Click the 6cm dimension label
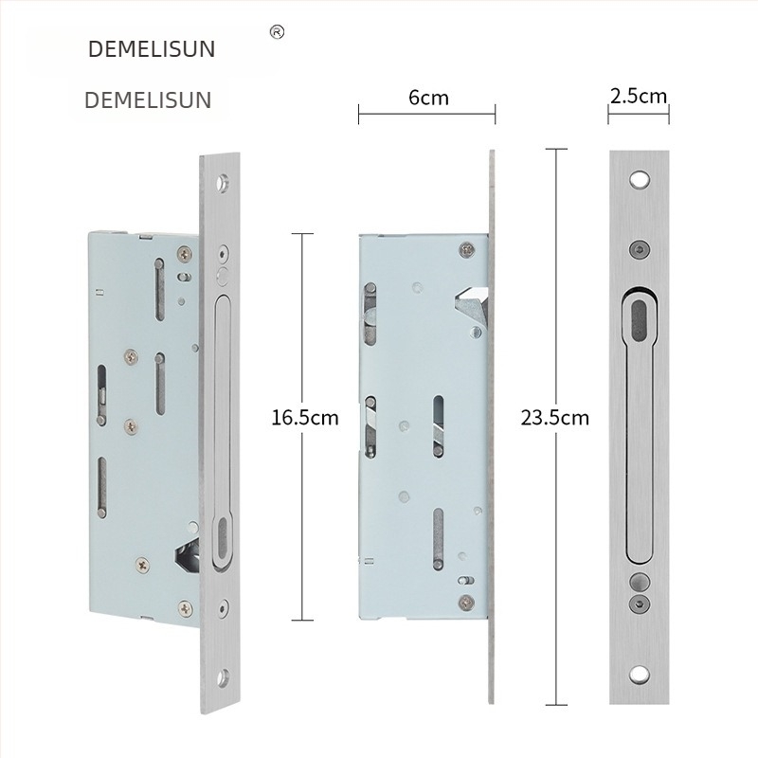pos(428,98)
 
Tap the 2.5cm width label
pos(638,97)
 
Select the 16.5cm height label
pos(304,418)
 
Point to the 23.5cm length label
pos(554,418)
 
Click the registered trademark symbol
pos(277,32)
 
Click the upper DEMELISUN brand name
pos(152,49)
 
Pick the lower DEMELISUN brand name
pos(148,100)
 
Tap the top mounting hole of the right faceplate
pos(639,180)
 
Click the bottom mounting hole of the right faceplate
pos(639,675)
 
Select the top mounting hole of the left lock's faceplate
pos(223,182)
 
